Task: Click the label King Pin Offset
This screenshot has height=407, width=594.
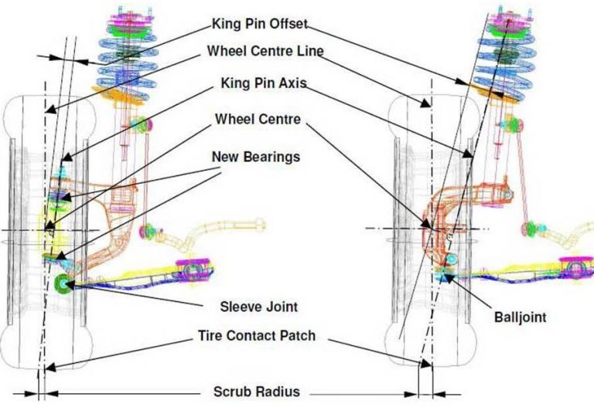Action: [x=254, y=23]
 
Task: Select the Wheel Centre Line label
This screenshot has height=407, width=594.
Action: [x=265, y=51]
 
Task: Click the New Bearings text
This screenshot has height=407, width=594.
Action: [x=255, y=157]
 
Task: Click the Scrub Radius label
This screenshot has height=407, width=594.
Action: [x=256, y=392]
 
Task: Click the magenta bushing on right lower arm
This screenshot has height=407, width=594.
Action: [x=576, y=267]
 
